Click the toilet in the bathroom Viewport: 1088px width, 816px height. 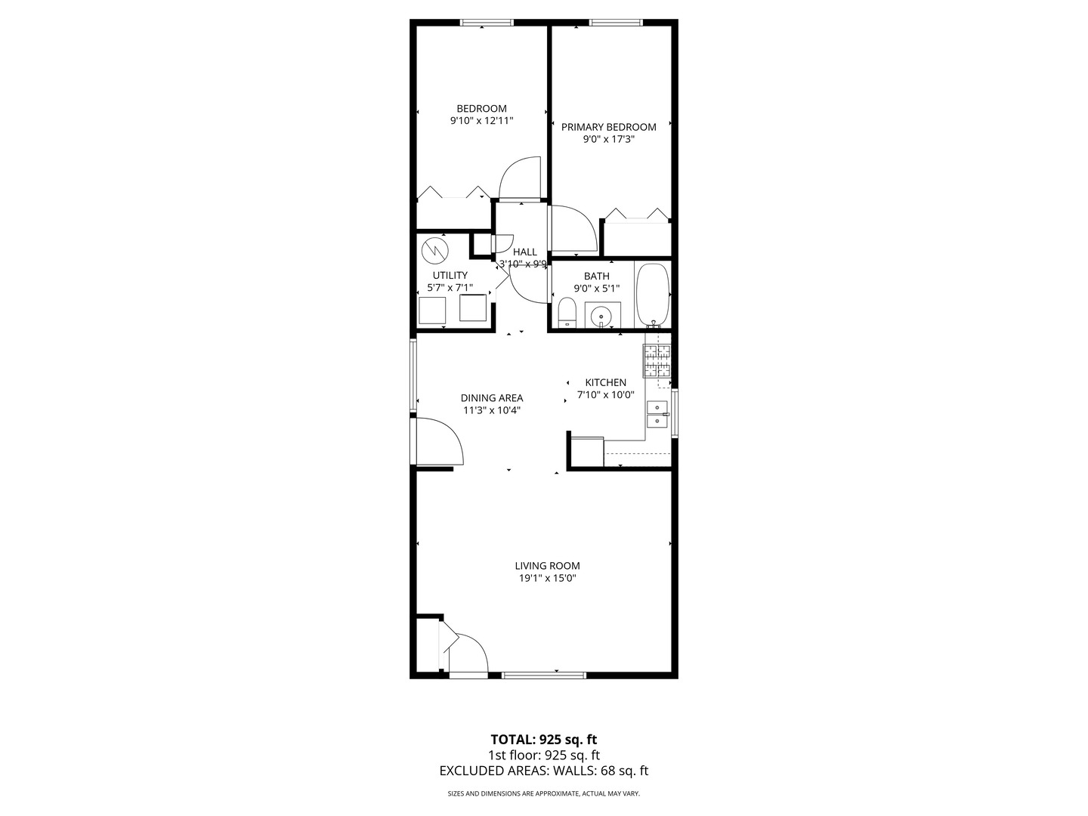tap(566, 313)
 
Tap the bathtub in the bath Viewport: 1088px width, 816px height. tap(653, 295)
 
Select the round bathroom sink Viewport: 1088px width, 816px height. tap(602, 315)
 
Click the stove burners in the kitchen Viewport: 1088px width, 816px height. tap(657, 360)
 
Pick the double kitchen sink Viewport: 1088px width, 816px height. tap(657, 414)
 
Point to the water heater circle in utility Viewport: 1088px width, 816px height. tap(434, 251)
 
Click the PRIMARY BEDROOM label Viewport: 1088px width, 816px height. tap(609, 127)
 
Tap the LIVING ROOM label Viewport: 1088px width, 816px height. tap(547, 565)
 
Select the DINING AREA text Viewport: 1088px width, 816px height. tap(492, 398)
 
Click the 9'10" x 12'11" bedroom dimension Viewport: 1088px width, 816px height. tap(481, 120)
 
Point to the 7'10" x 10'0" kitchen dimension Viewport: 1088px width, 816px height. tap(606, 395)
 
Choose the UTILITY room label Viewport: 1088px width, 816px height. tap(450, 276)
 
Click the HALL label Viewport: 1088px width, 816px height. tap(525, 252)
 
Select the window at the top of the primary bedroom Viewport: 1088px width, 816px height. tap(616, 23)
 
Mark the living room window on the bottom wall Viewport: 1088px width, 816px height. tap(544, 675)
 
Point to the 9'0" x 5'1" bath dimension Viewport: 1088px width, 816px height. tap(597, 289)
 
